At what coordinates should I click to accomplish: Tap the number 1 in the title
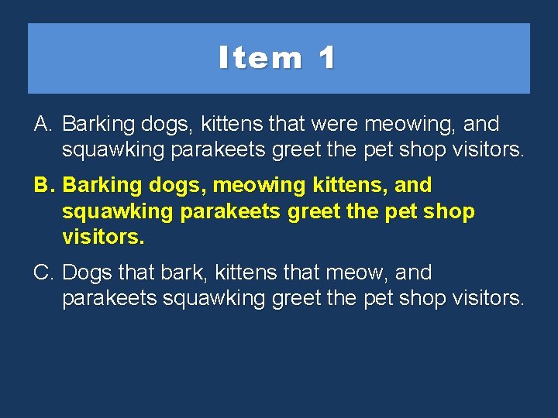pos(326,58)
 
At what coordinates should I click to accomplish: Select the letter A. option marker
pos(43,124)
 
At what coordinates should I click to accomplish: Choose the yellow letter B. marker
pos(43,186)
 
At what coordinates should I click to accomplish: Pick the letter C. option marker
pos(43,273)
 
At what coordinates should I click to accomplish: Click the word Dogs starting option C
pos(88,273)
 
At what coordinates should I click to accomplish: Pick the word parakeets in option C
pos(109,298)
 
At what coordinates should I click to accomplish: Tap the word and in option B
pos(413,186)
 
